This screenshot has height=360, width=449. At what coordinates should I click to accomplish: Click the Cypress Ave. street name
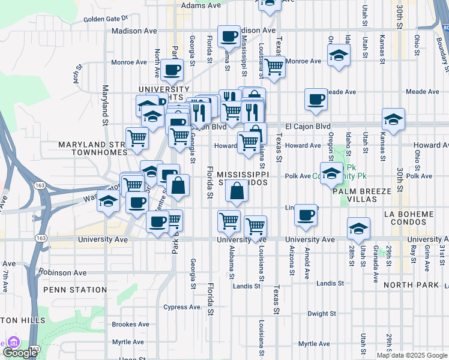(183, 307)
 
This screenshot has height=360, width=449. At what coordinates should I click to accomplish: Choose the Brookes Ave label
(130, 325)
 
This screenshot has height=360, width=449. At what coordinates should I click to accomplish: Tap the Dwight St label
(321, 314)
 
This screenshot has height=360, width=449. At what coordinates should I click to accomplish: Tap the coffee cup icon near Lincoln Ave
(306, 215)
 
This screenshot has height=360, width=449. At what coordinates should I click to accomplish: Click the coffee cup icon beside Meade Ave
(316, 99)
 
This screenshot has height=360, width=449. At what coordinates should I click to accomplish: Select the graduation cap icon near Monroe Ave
(339, 57)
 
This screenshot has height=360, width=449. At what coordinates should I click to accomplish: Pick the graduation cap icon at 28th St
(358, 228)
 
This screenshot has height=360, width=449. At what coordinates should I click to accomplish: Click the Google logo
(20, 352)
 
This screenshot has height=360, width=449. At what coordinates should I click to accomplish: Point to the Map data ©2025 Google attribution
(412, 355)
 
